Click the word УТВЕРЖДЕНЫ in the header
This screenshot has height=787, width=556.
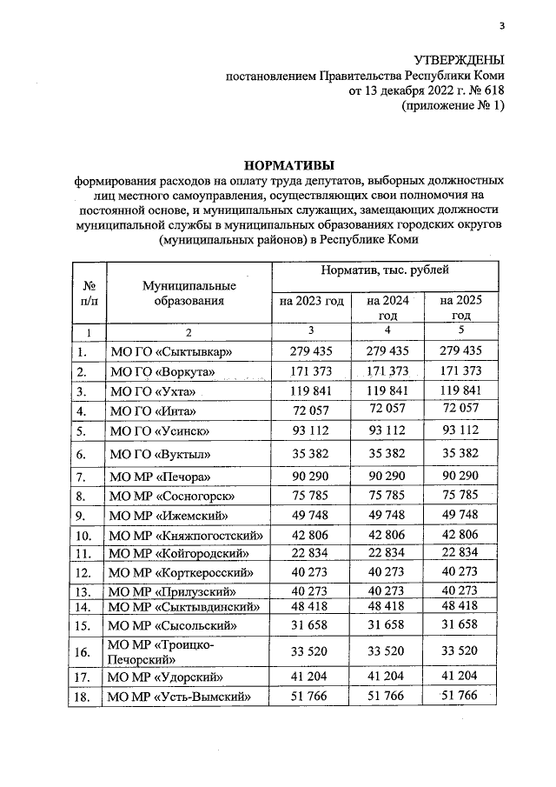click(x=457, y=59)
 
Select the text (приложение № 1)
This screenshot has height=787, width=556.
click(x=452, y=105)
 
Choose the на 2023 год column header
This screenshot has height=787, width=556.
click(x=311, y=301)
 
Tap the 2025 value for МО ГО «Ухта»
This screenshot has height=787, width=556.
click(x=460, y=391)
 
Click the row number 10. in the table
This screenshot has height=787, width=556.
click(x=84, y=535)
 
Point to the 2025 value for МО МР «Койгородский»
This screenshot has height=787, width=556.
click(x=460, y=553)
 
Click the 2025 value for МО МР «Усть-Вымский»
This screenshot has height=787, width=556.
click(x=460, y=696)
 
